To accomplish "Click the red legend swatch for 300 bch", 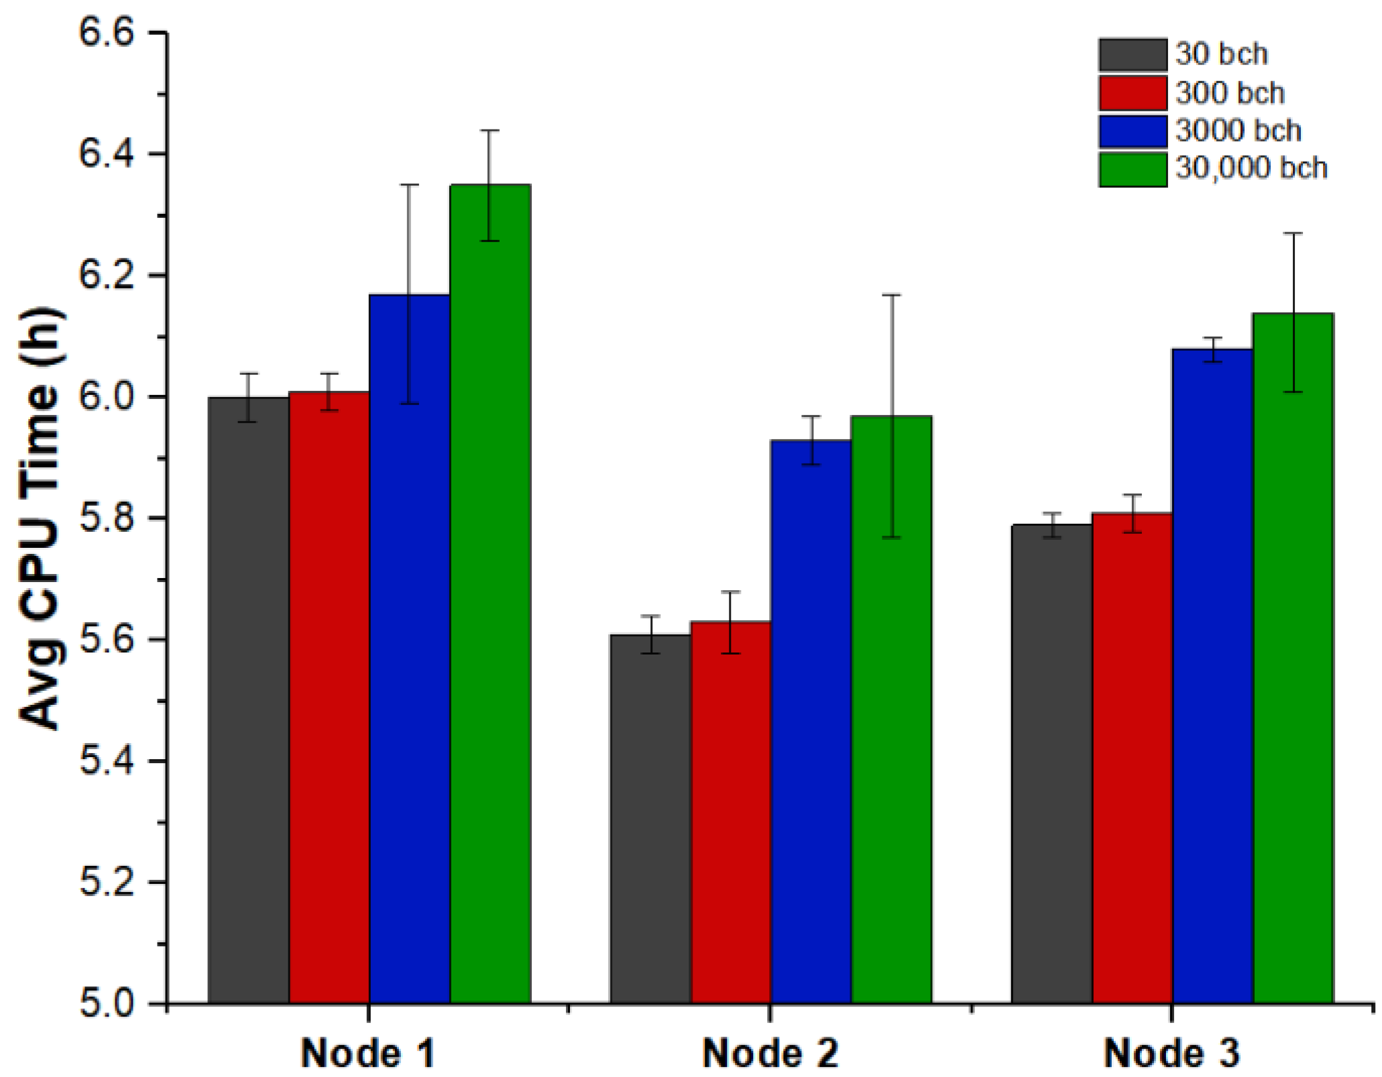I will coord(1133,93).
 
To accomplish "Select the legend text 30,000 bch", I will coord(1251,168).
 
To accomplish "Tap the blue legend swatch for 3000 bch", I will coord(1133,131).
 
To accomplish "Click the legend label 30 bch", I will coord(1221,54).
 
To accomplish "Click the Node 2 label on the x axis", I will coord(770,1053).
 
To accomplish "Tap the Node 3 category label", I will coord(1171,1053).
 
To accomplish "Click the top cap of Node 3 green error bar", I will coord(1293,233).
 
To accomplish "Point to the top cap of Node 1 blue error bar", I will coord(410,184).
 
